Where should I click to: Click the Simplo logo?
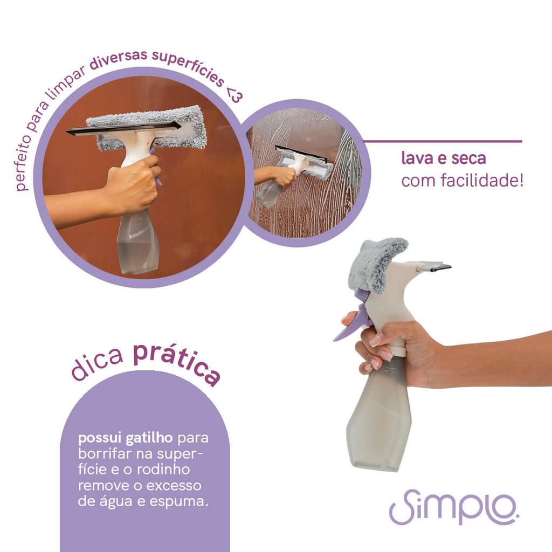(454, 507)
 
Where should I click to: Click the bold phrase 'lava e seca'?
(444, 158)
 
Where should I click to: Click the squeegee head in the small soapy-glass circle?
(305, 162)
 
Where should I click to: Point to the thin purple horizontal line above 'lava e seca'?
(442, 142)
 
